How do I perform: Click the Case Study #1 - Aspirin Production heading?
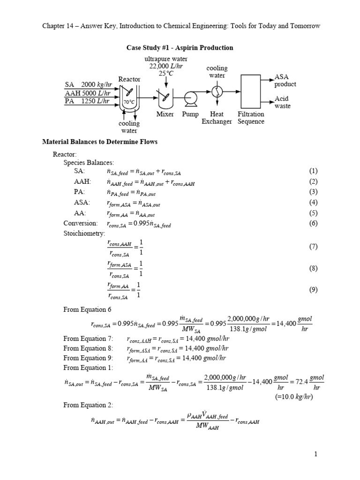pyautogui.click(x=180, y=48)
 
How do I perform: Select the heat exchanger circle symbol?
pyautogui.click(x=217, y=90)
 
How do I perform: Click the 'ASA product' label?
pyautogui.click(x=285, y=80)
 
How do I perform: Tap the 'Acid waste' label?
pyautogui.click(x=282, y=102)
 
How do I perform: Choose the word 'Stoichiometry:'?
pyautogui.click(x=85, y=233)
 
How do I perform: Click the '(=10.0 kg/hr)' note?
pyautogui.click(x=294, y=397)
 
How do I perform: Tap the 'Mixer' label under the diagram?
pyautogui.click(x=165, y=114)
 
